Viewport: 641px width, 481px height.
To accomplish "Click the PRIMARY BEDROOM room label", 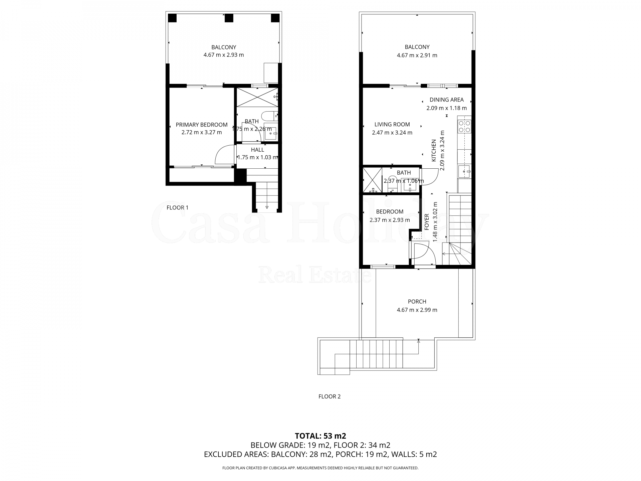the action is [x=202, y=125].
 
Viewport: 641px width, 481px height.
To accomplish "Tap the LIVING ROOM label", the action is [x=392, y=125].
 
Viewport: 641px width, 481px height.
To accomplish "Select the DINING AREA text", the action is [x=446, y=100].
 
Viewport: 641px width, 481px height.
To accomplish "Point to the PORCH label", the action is [x=417, y=302].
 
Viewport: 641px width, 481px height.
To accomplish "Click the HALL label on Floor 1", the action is [x=257, y=150].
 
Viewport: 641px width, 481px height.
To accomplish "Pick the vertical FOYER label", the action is [x=427, y=221].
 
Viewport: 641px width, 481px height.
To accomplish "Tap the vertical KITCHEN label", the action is [x=434, y=151].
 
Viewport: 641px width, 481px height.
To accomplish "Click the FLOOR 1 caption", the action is [x=177, y=208].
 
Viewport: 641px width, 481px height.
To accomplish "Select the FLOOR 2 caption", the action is [x=330, y=396].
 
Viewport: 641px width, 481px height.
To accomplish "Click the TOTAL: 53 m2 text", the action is [x=320, y=436].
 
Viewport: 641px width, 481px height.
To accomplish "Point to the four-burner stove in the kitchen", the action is [x=464, y=126].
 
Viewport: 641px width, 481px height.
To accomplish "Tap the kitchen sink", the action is [x=464, y=171].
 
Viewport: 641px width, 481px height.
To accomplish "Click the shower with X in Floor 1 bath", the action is [x=257, y=97].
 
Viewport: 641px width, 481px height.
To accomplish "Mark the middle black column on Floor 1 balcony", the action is [x=229, y=18].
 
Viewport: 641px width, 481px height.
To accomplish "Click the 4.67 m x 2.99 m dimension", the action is [x=417, y=310].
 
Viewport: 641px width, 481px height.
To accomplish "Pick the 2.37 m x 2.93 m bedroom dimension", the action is [x=390, y=220].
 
